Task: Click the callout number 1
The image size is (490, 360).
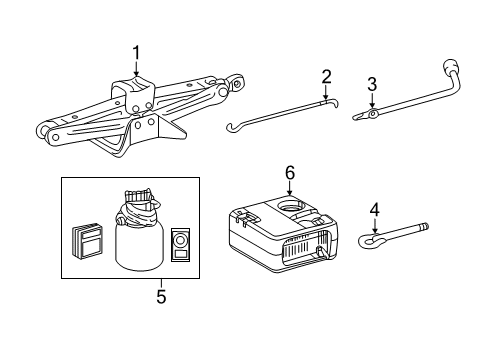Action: coord(137,53)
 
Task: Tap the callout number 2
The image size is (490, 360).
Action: coord(325,76)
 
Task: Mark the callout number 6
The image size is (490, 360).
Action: coord(290,173)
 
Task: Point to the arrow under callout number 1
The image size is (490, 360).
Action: coord(137,72)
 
